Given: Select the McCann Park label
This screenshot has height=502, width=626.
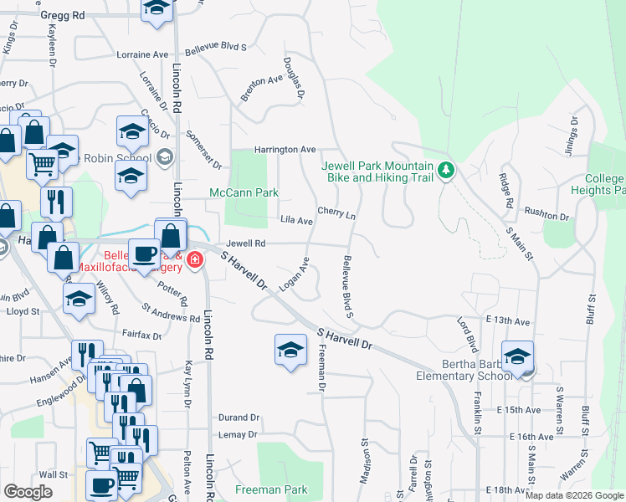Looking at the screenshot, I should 243,192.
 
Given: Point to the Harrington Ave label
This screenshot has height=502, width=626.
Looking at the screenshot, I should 285,149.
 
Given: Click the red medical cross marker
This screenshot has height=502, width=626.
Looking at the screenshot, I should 194,260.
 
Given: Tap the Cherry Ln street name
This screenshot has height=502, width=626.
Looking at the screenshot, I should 336,214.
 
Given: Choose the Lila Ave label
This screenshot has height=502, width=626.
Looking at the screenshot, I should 296,221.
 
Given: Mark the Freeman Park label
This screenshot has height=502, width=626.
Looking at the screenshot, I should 271,489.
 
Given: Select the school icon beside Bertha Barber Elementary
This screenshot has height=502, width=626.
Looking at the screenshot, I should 518,356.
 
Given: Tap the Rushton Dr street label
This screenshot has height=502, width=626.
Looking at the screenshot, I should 546,216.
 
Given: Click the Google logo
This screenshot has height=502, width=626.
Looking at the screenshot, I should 28,492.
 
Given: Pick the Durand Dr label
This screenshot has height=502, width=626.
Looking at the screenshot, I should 239,417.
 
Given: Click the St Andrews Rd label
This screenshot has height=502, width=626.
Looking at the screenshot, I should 171,313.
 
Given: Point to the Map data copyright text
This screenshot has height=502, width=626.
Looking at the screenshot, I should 573,495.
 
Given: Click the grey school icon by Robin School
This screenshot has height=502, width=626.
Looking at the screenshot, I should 165,156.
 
